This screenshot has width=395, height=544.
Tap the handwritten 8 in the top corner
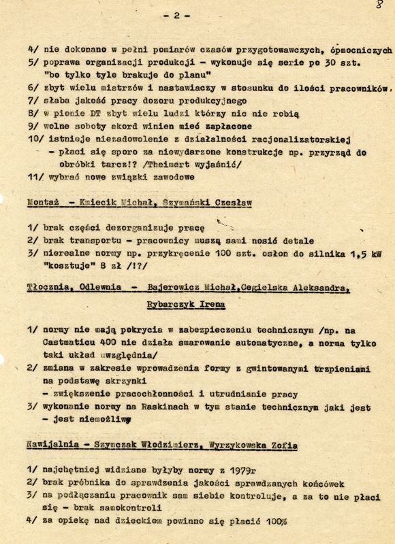pos(379,5)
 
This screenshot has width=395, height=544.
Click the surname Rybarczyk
pos(173,305)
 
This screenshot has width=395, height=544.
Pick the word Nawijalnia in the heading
pos(52,445)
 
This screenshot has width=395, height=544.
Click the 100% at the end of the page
pos(273,521)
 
